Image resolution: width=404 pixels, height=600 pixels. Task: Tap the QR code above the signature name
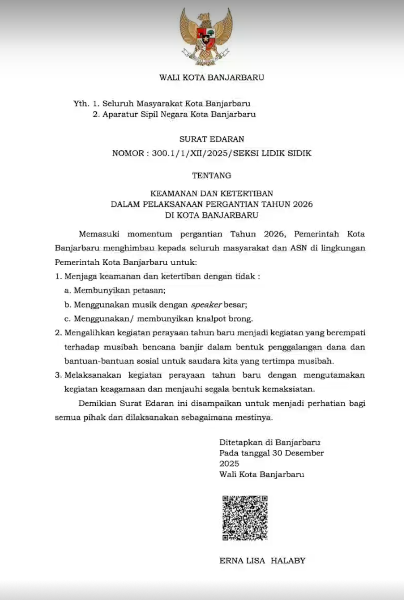click(x=245, y=518)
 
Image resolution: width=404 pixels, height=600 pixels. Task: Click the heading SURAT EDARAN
click(x=212, y=139)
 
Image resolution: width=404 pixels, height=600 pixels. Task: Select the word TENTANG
click(x=211, y=175)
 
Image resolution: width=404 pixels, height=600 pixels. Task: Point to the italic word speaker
click(x=206, y=305)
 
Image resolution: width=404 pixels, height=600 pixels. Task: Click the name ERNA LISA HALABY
click(x=262, y=561)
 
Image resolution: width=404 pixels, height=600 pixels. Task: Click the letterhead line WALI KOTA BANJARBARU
click(x=211, y=77)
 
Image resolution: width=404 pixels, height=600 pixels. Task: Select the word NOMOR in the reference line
click(x=128, y=153)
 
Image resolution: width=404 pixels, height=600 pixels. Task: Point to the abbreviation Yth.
click(x=81, y=103)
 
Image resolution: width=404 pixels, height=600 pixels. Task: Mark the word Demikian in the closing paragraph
click(x=97, y=403)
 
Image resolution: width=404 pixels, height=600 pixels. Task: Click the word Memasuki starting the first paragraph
click(x=99, y=234)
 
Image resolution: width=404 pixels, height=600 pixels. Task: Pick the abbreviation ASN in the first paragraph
click(x=299, y=248)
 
